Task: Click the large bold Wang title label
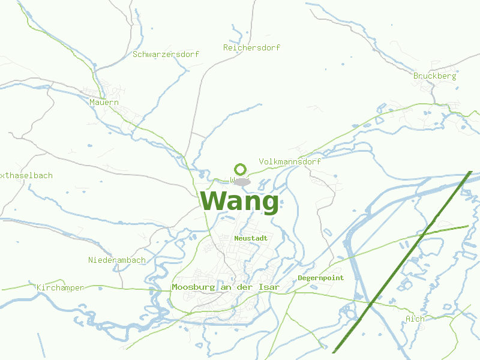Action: pyautogui.click(x=239, y=202)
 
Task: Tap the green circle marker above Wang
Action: pyautogui.click(x=241, y=169)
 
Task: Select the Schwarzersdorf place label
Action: pyautogui.click(x=166, y=54)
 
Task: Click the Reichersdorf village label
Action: pyautogui.click(x=251, y=47)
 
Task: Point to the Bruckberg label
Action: pyautogui.click(x=434, y=76)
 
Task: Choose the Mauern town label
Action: pyautogui.click(x=104, y=103)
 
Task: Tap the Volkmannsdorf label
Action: pyautogui.click(x=289, y=162)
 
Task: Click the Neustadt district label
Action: pyautogui.click(x=251, y=238)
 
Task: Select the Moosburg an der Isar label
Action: pyautogui.click(x=226, y=287)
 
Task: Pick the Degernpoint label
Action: pyautogui.click(x=320, y=278)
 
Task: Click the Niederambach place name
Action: pyautogui.click(x=116, y=260)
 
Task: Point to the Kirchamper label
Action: pyautogui.click(x=60, y=288)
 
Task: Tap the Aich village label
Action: pyautogui.click(x=415, y=319)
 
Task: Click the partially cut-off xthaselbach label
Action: pyautogui.click(x=26, y=176)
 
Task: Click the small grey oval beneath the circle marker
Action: pyautogui.click(x=242, y=181)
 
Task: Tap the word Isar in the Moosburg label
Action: pyautogui.click(x=269, y=287)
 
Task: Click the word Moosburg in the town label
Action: pyautogui.click(x=192, y=287)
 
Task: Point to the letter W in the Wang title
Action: pyautogui.click(x=212, y=201)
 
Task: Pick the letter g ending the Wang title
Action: pyautogui.click(x=269, y=204)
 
